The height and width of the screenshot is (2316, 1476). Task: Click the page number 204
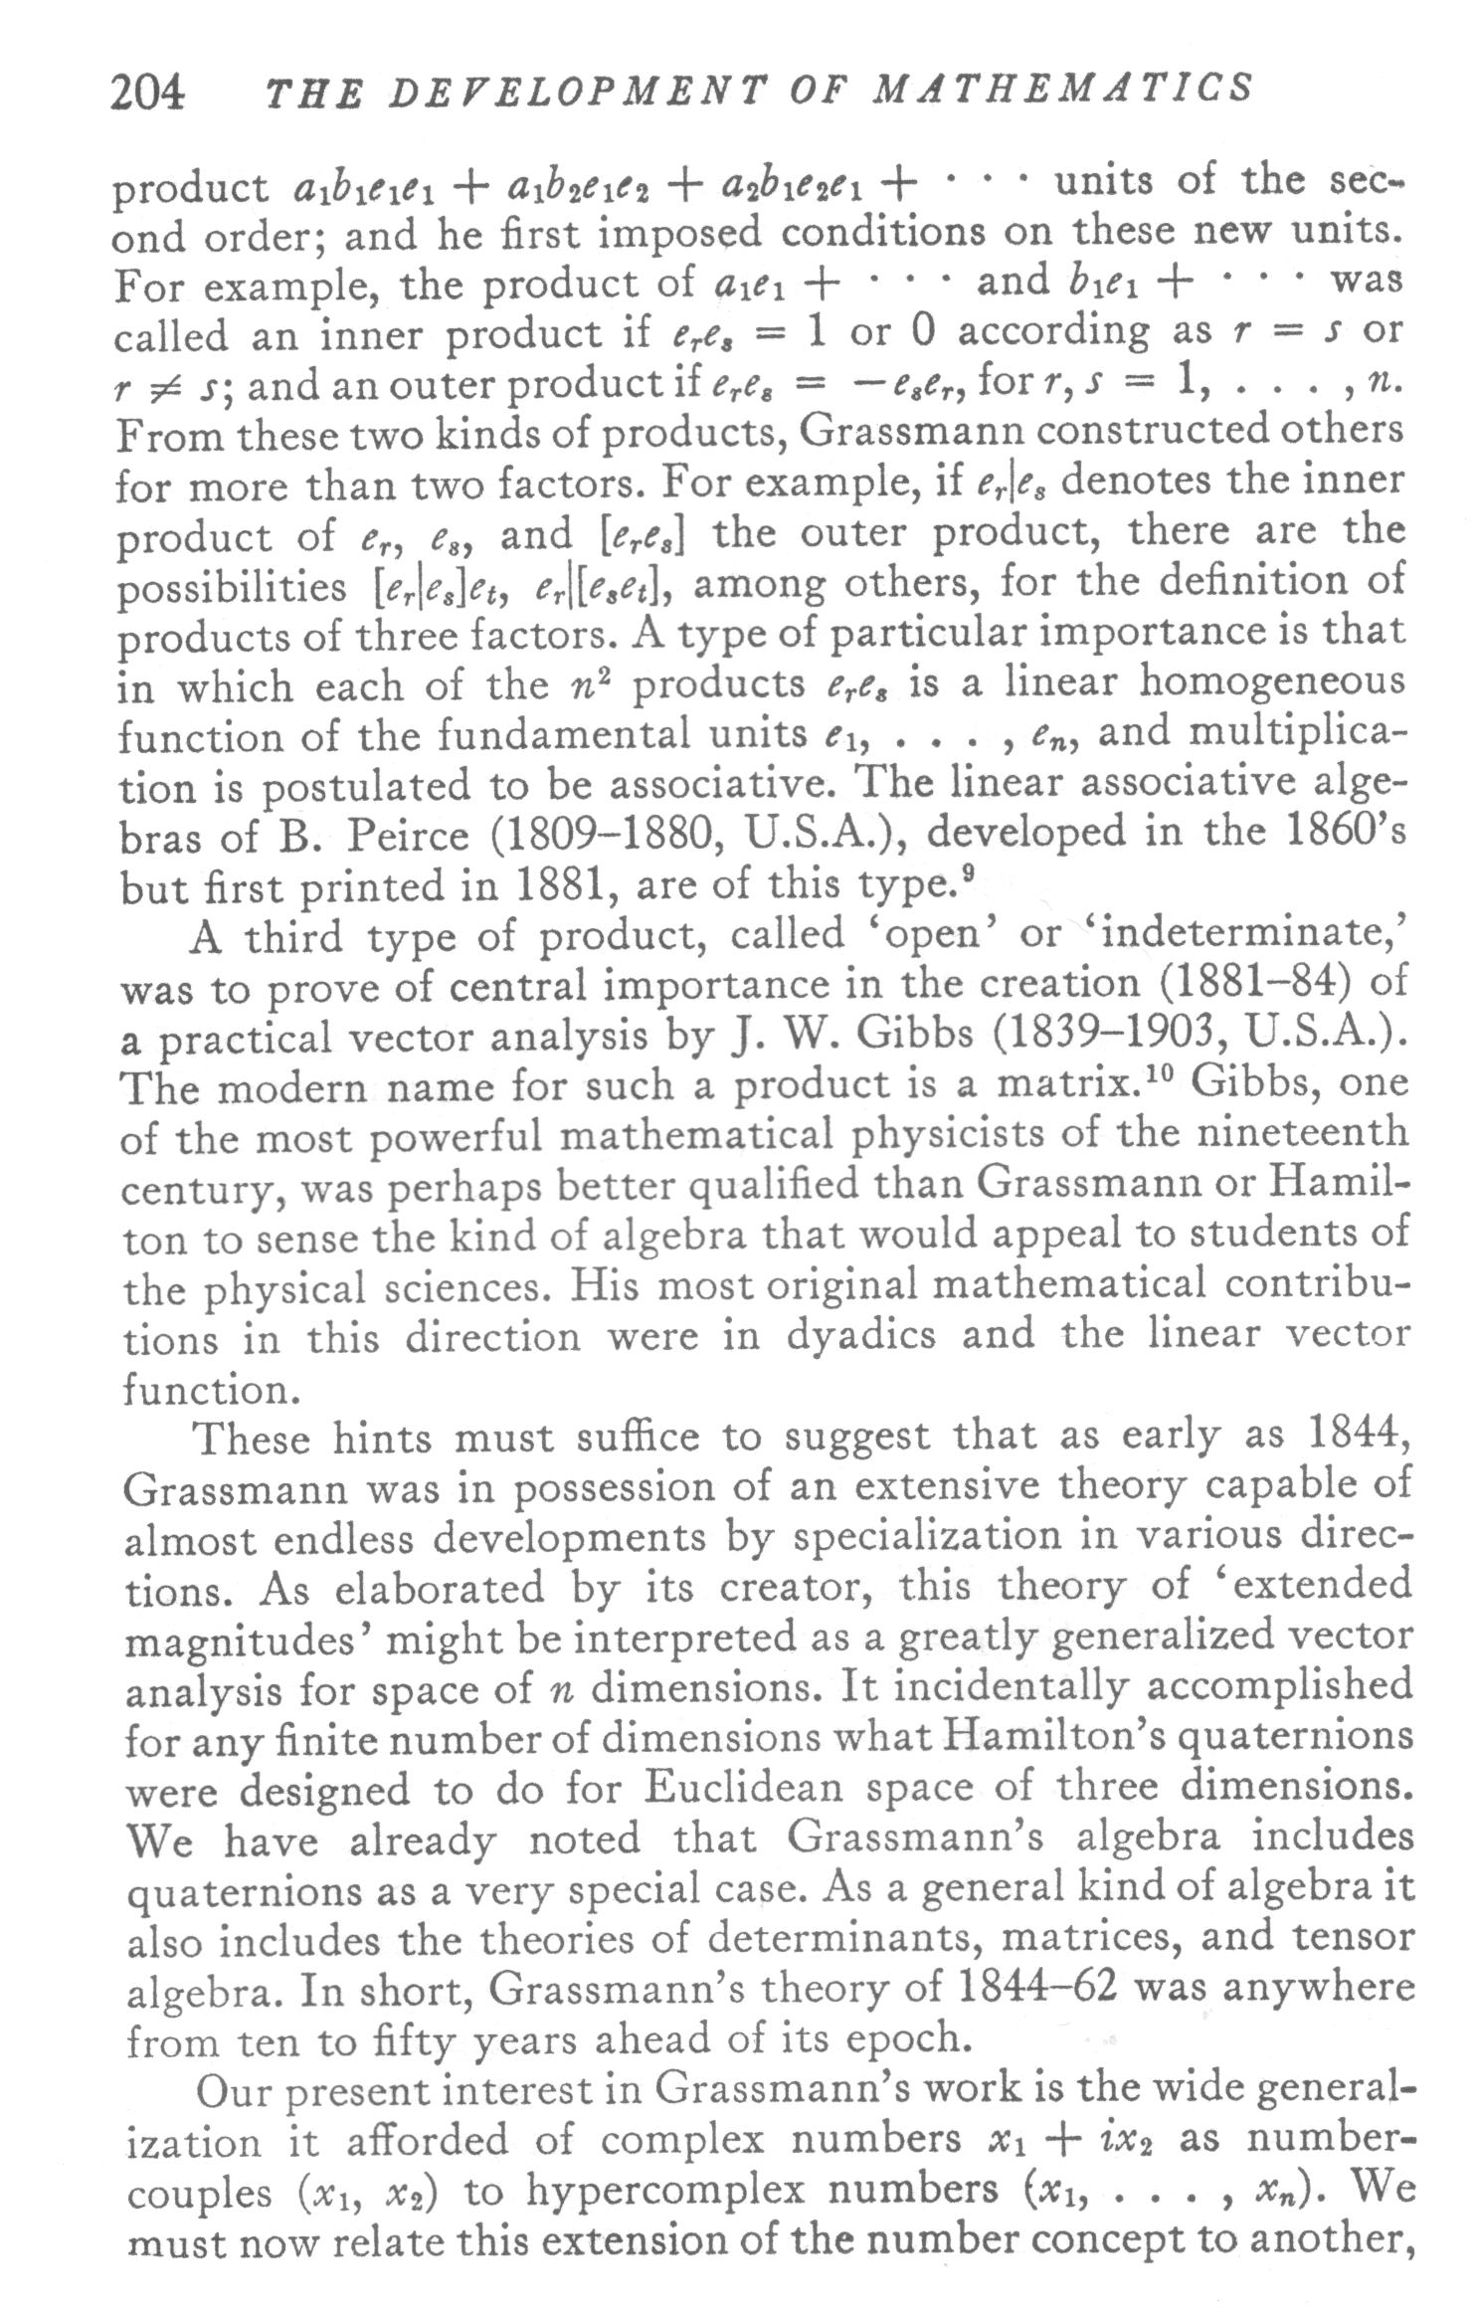coord(147,94)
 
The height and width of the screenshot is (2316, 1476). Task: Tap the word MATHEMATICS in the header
coord(1062,90)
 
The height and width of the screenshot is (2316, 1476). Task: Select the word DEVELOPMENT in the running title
coord(563,92)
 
